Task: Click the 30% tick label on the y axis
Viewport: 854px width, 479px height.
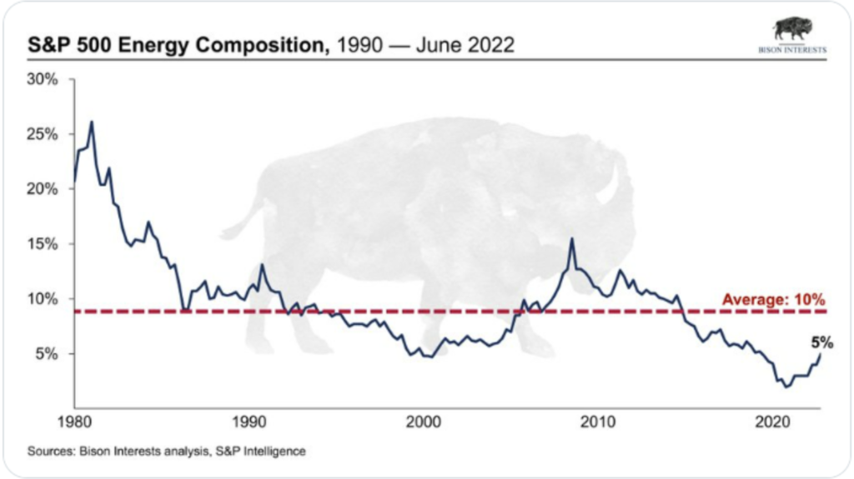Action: coord(43,80)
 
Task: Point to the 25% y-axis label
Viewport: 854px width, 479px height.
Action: coord(43,135)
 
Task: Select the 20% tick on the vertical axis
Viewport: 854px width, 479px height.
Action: coord(43,189)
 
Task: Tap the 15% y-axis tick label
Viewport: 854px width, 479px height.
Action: coord(43,244)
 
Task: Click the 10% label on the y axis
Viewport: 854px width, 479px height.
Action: coord(43,299)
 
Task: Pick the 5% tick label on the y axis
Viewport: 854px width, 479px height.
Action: coord(46,354)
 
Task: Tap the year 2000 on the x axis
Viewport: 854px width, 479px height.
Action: coord(424,422)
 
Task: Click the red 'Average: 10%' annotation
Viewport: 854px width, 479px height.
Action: coord(773,299)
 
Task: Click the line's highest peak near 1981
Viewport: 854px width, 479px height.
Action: coord(91,122)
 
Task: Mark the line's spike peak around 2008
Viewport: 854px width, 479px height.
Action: coord(571,239)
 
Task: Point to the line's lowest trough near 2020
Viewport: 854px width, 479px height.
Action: coord(785,387)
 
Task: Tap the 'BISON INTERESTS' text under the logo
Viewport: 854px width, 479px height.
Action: coord(791,50)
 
